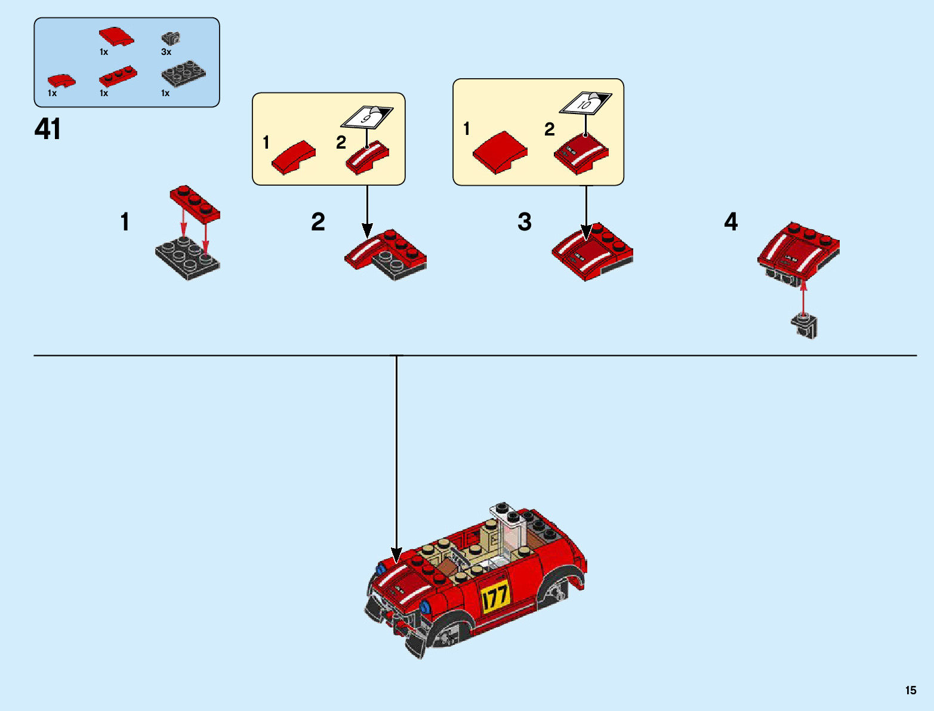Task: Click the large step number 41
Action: coord(48,129)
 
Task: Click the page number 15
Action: coord(910,690)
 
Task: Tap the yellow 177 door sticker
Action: coord(495,596)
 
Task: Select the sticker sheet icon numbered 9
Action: coord(366,117)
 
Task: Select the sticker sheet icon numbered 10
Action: coord(585,104)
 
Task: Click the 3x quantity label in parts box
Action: coord(166,52)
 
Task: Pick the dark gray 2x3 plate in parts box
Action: coord(183,73)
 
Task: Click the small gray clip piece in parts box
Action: coord(171,38)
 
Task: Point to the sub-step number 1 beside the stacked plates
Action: coord(125,222)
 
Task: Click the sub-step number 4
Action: coord(730,222)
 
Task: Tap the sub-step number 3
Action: coord(524,222)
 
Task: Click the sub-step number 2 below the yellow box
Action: coord(318,222)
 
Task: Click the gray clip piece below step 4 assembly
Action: coord(804,326)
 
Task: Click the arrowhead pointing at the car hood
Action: coord(396,555)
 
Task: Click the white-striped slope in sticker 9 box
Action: coord(367,157)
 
